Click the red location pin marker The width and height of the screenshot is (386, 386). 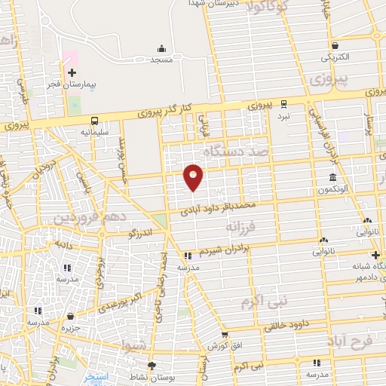[194, 177]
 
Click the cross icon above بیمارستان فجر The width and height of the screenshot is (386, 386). [72, 73]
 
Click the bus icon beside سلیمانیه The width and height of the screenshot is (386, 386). [94, 121]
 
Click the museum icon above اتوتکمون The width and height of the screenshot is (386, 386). [332, 178]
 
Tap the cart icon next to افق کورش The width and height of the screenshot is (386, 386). [224, 334]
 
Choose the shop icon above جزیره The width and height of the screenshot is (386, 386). [70, 316]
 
